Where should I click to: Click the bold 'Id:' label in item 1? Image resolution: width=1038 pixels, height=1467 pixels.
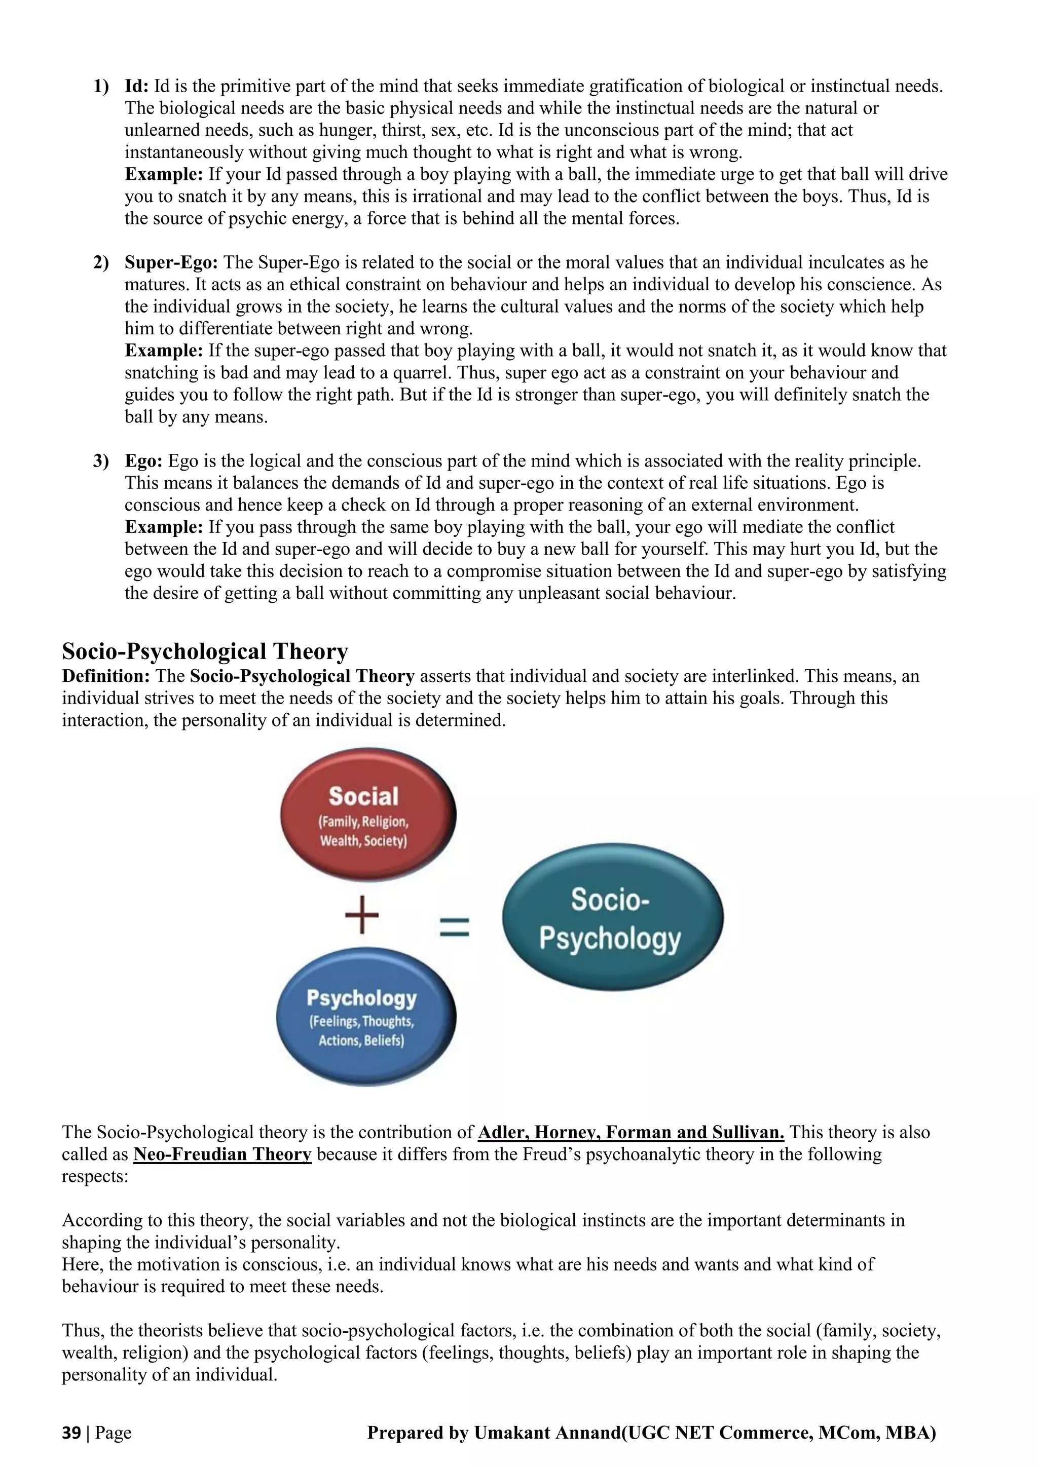(x=137, y=86)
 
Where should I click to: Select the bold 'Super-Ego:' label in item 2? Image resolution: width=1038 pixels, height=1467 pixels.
(x=171, y=262)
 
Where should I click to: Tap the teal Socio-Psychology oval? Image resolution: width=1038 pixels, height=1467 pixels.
(x=612, y=917)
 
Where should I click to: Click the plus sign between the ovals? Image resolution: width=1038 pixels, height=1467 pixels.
(x=362, y=914)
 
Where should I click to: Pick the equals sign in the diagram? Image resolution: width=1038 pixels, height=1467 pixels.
(x=455, y=926)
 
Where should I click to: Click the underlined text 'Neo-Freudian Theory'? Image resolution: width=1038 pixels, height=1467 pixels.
(x=222, y=1154)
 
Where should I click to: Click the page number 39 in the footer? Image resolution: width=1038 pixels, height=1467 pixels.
(x=71, y=1433)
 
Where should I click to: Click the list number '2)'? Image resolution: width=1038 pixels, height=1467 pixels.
(x=101, y=262)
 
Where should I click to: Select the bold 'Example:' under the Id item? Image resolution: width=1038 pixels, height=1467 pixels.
(x=164, y=174)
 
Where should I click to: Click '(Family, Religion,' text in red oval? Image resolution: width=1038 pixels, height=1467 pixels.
(x=363, y=822)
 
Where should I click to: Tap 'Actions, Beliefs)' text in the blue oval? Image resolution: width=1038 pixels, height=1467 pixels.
(x=361, y=1040)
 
